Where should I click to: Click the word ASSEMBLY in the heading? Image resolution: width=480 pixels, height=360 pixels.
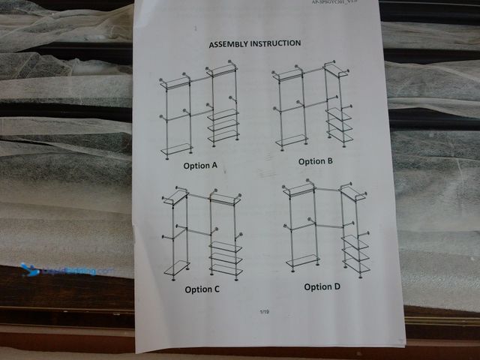tap(231, 44)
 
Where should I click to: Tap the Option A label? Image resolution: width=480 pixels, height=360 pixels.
tap(199, 165)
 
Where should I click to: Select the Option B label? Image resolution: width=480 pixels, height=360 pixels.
tap(315, 161)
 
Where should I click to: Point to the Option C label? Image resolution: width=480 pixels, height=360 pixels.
tap(202, 289)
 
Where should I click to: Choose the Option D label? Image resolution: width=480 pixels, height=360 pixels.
tap(322, 287)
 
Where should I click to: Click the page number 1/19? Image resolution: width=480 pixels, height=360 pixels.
tap(263, 311)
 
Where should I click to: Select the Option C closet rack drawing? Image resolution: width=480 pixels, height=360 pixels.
tap(204, 235)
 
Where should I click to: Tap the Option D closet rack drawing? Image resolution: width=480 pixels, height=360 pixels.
tap(325, 230)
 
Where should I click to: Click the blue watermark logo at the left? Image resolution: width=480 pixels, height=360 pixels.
tap(30, 268)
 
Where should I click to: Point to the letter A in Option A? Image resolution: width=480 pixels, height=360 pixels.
tap(214, 165)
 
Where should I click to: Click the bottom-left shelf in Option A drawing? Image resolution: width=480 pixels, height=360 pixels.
tap(176, 148)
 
